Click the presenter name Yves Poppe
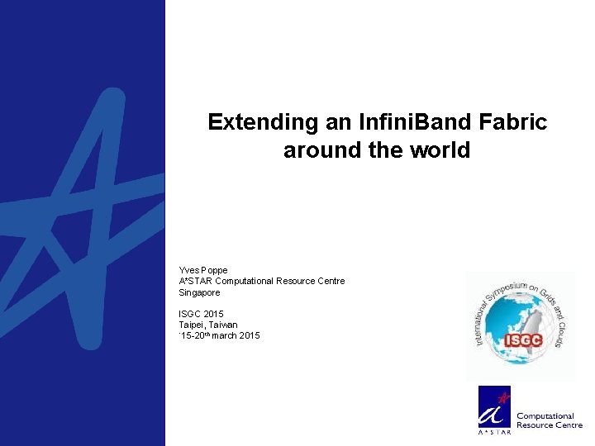click(202, 270)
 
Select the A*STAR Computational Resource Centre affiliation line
click(261, 282)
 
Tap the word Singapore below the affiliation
click(199, 292)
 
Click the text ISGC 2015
click(201, 314)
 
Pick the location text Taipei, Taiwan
click(207, 325)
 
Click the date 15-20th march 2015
click(220, 335)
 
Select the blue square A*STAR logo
click(494, 410)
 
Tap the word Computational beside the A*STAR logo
click(545, 415)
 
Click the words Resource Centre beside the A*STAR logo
click(550, 425)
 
